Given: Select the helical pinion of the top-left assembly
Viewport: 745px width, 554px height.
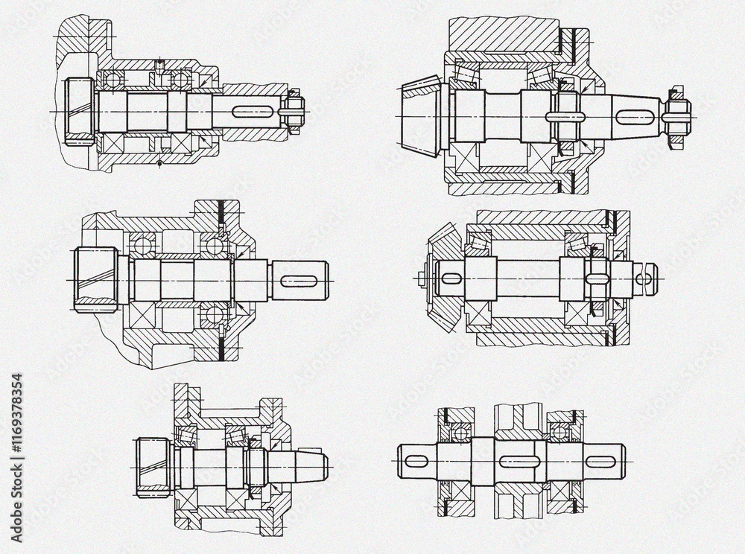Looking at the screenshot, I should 77,111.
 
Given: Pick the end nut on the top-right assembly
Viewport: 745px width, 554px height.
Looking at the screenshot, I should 676,116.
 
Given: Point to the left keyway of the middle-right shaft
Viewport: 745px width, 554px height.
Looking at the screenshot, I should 451,278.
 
